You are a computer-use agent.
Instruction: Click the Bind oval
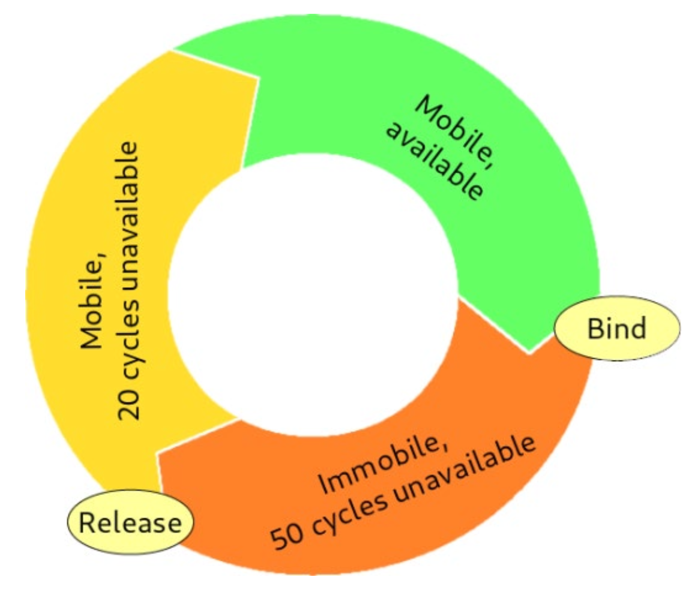[616, 328]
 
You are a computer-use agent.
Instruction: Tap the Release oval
[130, 523]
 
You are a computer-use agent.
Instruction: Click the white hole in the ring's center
[312, 294]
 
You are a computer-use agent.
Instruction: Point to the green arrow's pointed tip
[530, 353]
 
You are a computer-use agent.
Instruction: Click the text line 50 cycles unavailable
[402, 497]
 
